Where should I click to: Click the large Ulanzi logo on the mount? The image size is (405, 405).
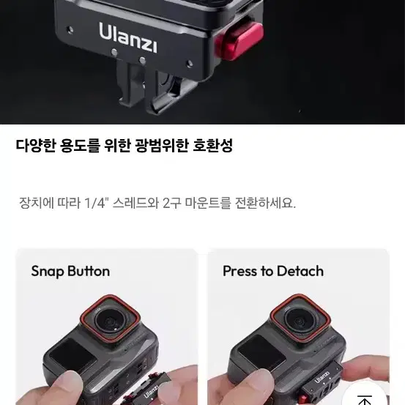tap(128, 37)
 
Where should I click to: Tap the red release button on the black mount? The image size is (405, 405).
tap(239, 41)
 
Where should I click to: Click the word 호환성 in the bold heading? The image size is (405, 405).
tap(213, 146)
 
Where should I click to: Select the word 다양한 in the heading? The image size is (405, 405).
tap(36, 146)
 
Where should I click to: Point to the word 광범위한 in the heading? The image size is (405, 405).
tap(161, 146)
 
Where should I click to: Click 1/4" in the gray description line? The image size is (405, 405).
tap(95, 204)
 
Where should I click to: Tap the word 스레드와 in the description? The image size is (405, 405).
tap(136, 204)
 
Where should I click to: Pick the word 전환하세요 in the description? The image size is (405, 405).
tap(265, 204)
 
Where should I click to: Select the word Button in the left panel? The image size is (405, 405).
tap(89, 271)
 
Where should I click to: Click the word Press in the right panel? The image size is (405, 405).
tap(240, 271)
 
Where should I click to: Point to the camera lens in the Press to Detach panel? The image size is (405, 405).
tap(301, 320)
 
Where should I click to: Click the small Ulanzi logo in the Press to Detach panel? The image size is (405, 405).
tap(322, 377)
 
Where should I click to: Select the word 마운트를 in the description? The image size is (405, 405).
tap(207, 204)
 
